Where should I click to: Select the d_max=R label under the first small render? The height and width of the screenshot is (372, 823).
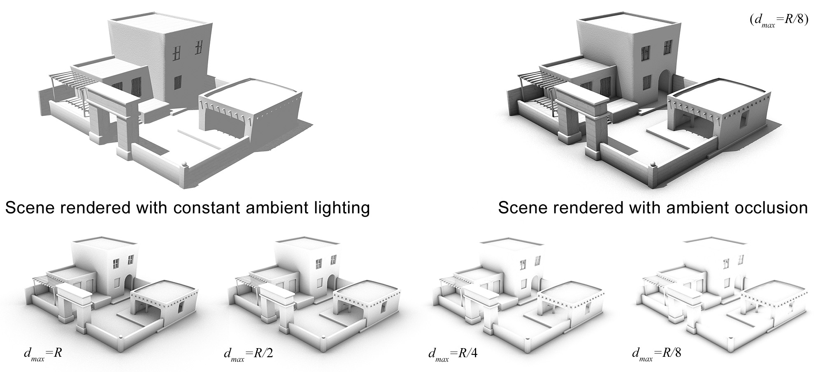43,354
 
